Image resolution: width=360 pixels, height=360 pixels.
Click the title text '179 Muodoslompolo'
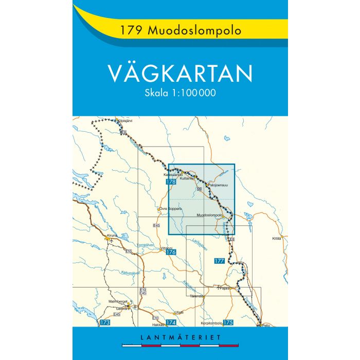pyautogui.click(x=179, y=30)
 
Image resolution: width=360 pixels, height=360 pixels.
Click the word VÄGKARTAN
pyautogui.click(x=180, y=74)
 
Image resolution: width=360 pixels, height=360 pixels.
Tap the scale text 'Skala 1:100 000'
pyautogui.click(x=180, y=94)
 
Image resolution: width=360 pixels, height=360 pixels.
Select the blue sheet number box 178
pyautogui.click(x=171, y=182)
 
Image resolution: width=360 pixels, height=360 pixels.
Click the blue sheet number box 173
pyautogui.click(x=105, y=322)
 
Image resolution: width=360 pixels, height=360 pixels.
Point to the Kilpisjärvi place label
pyautogui.click(x=125, y=120)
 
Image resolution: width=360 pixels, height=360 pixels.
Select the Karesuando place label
pyautogui.click(x=173, y=174)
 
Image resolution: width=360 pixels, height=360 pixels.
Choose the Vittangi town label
pyautogui.click(x=167, y=247)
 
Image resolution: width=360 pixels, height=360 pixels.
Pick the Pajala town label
pyautogui.click(x=224, y=289)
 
